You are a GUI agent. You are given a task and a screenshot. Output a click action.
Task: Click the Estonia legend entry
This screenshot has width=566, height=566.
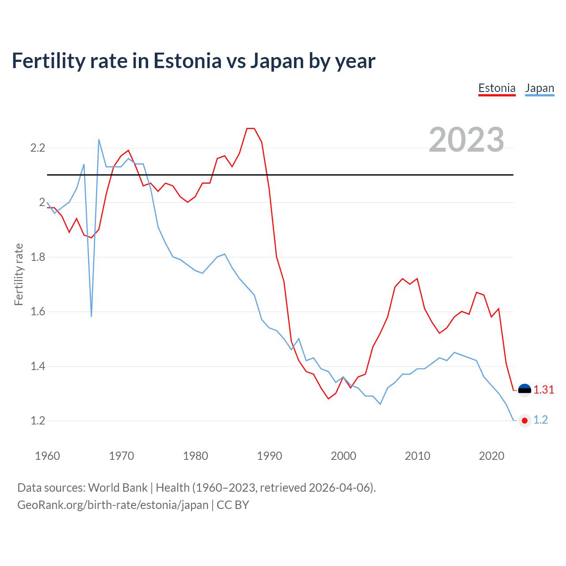click(497, 88)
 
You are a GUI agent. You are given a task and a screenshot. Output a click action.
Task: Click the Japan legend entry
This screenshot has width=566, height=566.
click(539, 88)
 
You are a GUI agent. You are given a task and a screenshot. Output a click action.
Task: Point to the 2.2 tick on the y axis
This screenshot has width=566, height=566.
click(38, 148)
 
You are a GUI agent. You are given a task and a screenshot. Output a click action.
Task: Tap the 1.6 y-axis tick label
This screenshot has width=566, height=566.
click(38, 312)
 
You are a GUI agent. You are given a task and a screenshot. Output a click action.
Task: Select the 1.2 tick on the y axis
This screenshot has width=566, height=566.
click(38, 421)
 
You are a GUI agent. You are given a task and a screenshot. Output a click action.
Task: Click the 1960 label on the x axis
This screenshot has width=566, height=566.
click(47, 456)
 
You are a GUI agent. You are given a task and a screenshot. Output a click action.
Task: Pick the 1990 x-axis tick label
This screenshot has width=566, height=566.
click(269, 456)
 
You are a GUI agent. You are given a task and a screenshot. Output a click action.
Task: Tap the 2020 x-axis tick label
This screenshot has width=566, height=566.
click(491, 456)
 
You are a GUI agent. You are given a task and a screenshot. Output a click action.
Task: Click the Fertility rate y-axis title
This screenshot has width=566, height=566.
click(19, 274)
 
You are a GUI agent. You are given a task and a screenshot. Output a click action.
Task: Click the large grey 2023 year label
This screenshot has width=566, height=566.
click(466, 140)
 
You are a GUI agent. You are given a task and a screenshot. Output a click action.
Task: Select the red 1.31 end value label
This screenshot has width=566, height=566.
click(543, 390)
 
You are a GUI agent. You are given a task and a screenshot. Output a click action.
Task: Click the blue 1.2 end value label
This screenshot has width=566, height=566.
click(540, 420)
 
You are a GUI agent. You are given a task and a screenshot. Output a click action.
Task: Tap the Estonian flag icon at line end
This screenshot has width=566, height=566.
click(524, 390)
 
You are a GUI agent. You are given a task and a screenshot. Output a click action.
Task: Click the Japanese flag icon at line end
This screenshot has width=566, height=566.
click(524, 421)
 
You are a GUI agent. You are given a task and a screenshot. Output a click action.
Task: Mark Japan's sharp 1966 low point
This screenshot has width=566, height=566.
click(92, 316)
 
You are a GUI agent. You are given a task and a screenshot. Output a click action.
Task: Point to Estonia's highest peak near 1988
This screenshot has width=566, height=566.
click(251, 129)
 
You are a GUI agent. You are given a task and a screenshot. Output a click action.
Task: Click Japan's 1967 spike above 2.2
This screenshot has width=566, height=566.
click(99, 140)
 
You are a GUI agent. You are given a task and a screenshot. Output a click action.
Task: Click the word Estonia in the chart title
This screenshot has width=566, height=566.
click(187, 61)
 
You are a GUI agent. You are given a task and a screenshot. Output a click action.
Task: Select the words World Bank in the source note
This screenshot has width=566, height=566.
click(118, 487)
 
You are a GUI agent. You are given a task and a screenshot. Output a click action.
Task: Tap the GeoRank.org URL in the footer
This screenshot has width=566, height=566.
click(113, 505)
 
